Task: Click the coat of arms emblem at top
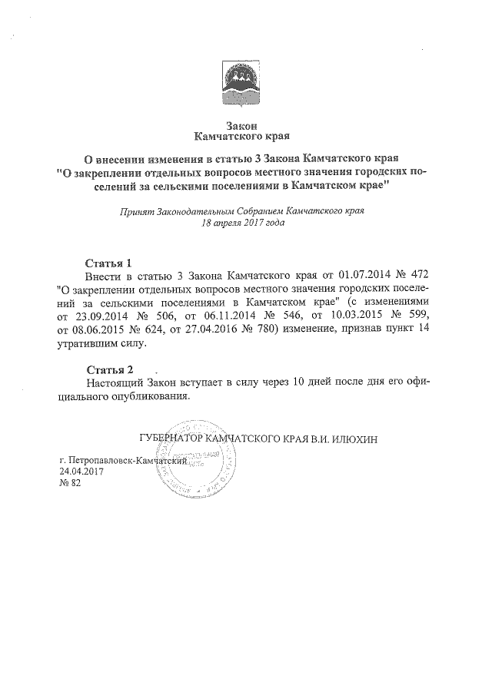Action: (245, 78)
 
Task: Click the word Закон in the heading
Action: (245, 124)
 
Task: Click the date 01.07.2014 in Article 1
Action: (364, 275)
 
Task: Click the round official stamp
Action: (200, 461)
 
